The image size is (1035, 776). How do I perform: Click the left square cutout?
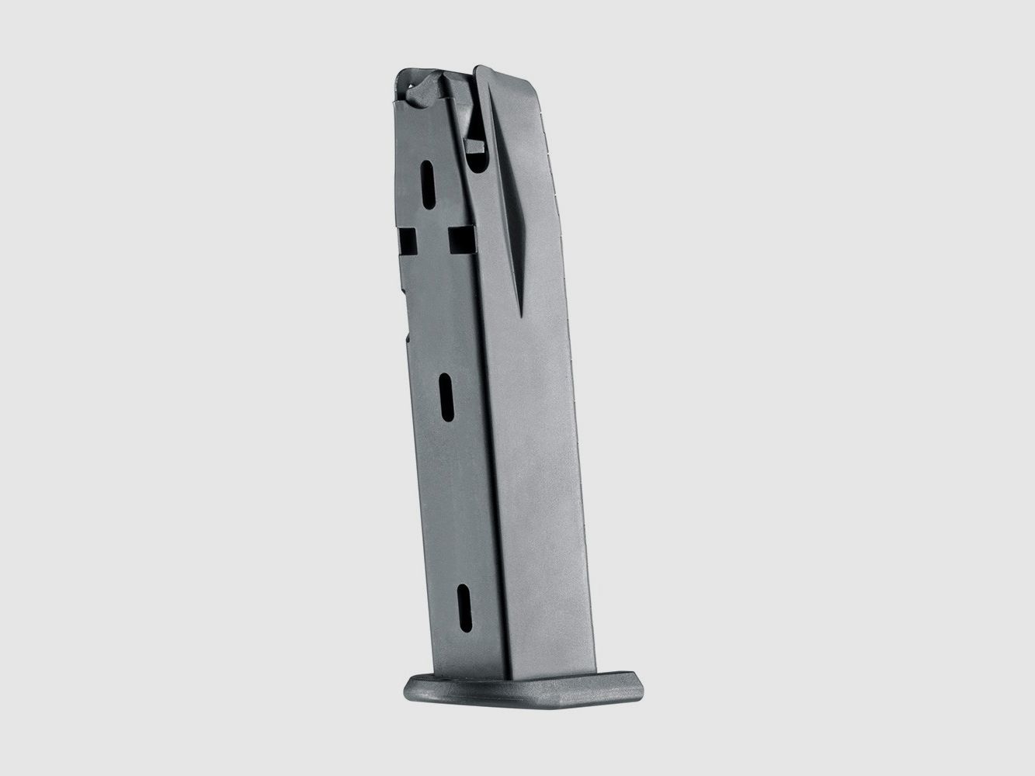click(x=408, y=241)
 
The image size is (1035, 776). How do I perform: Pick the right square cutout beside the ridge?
click(x=462, y=241)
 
